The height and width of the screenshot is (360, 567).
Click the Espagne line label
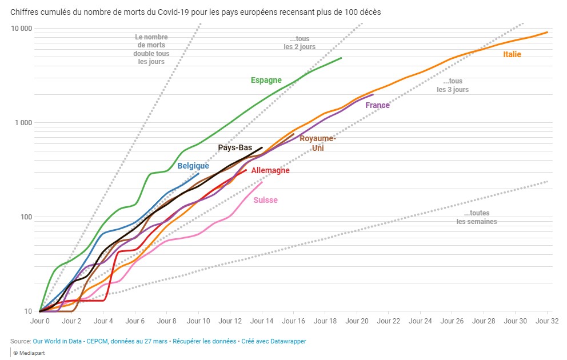266,80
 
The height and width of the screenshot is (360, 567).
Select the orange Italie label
512,54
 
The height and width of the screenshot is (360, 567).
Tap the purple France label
377,105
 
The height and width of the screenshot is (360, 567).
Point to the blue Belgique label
193,166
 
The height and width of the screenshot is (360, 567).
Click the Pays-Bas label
235,147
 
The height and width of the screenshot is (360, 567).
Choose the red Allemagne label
270,170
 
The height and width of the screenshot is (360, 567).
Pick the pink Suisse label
265,200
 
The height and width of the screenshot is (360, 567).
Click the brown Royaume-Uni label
318,143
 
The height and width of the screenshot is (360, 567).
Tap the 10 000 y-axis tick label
22,29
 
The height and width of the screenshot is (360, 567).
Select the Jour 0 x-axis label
40,321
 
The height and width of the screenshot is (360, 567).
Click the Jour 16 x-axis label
293,321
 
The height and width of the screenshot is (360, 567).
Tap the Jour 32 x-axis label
547,321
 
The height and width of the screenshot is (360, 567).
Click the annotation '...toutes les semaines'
477,217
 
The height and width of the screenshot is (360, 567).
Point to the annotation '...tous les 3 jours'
453,85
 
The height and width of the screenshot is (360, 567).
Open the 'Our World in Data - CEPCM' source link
100,341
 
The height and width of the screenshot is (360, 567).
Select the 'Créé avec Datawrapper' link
274,341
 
